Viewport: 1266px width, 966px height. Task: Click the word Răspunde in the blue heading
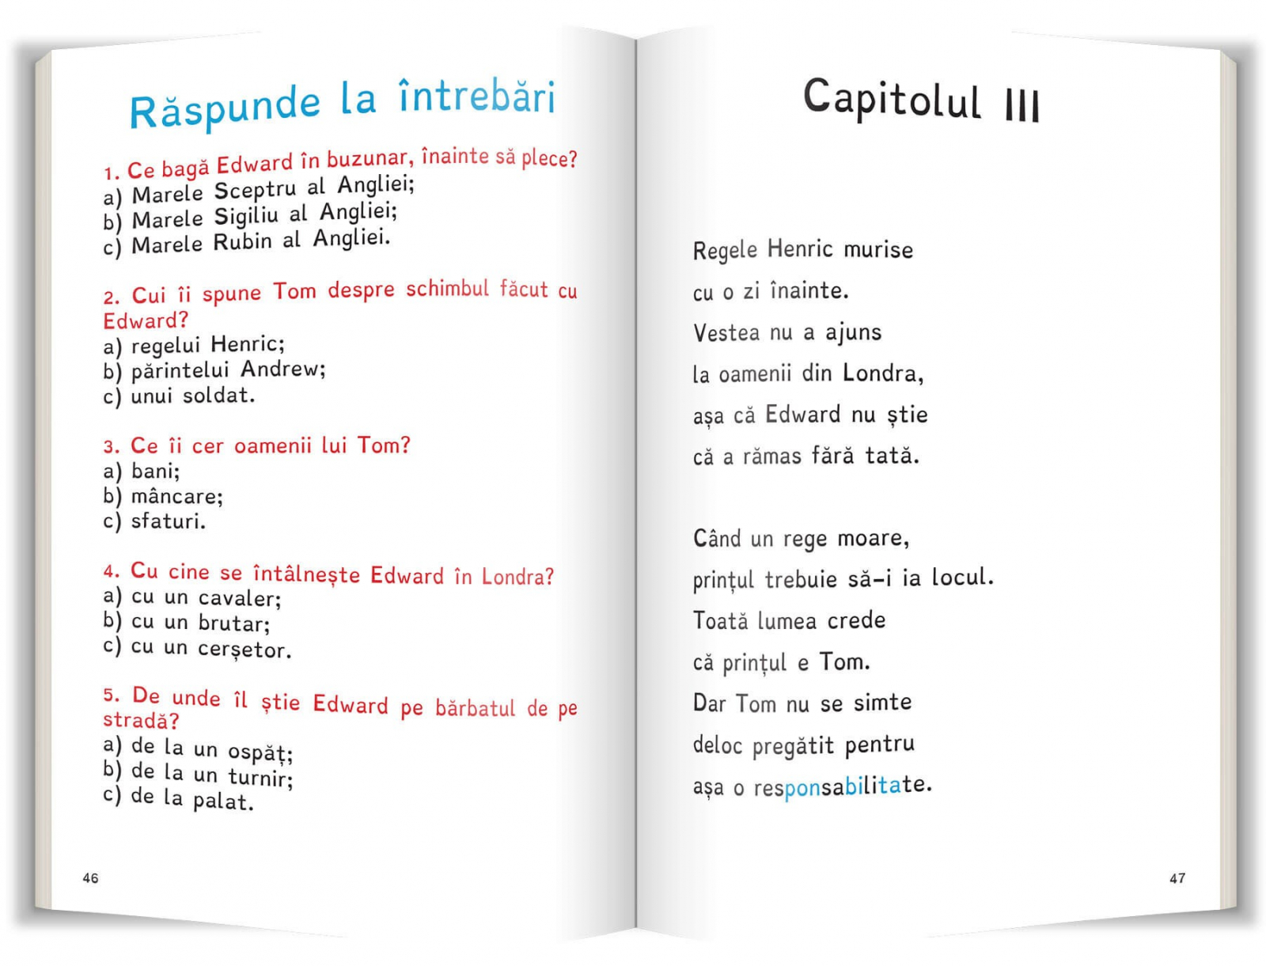click(225, 108)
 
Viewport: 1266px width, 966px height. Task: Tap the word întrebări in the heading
click(476, 97)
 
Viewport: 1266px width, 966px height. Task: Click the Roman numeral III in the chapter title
click(1022, 105)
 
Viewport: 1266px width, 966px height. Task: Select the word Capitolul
click(892, 100)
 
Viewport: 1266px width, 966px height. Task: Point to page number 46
click(91, 878)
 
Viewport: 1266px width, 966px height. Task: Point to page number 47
click(1177, 878)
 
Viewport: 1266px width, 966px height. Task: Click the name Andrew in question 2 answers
click(282, 369)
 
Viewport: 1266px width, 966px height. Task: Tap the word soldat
click(218, 395)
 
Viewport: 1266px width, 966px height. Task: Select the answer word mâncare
click(176, 496)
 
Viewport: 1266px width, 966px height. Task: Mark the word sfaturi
click(168, 521)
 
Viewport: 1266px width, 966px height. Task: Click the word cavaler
click(239, 598)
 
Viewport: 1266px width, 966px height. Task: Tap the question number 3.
click(112, 446)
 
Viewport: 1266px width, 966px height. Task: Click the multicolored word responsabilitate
click(843, 786)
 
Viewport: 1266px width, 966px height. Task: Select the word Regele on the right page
click(725, 250)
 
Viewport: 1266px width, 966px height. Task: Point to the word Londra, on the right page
click(883, 373)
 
